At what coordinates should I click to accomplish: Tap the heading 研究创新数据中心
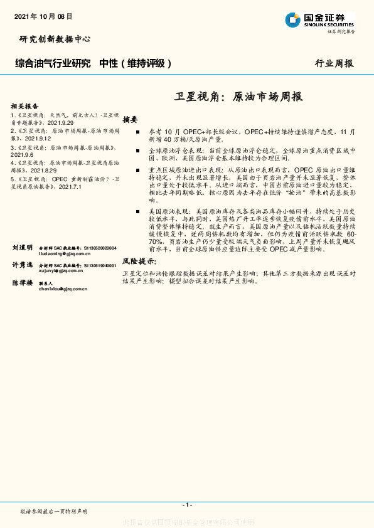[x=55, y=39]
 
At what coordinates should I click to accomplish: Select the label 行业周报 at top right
[x=334, y=63]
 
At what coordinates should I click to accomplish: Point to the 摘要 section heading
[x=130, y=119]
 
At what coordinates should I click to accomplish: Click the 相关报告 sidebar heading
[x=25, y=106]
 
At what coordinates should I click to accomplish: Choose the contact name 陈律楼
[x=22, y=283]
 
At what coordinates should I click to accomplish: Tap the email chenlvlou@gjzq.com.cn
[x=61, y=288]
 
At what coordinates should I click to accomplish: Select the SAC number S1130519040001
[x=97, y=266]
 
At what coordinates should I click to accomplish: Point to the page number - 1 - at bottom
[x=186, y=505]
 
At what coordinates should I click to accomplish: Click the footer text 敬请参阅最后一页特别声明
[x=53, y=512]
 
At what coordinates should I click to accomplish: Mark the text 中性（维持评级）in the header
[x=135, y=63]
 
